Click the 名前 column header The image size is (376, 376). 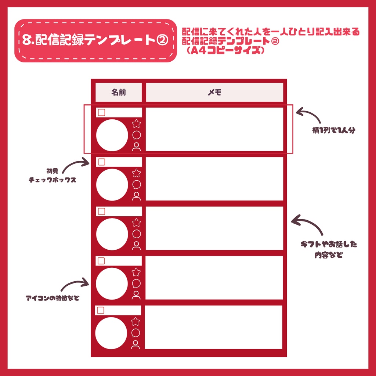[x=119, y=93]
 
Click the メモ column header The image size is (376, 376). [x=214, y=93]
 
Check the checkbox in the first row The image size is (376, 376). [x=102, y=112]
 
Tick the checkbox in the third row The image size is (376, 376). [x=102, y=211]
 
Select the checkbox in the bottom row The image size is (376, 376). [x=101, y=310]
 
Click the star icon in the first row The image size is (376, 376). [x=137, y=124]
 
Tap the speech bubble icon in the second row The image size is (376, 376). [x=137, y=185]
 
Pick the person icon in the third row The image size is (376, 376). [x=137, y=245]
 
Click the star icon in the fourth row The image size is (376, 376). [x=136, y=272]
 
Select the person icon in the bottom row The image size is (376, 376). [x=136, y=344]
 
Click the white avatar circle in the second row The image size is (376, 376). [x=112, y=185]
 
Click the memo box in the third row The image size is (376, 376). [x=214, y=228]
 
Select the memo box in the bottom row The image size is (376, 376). [x=214, y=327]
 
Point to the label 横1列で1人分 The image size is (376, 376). [x=334, y=130]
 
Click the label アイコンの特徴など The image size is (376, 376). [x=53, y=298]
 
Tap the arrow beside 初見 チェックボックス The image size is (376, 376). [x=76, y=164]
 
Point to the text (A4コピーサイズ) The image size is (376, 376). [x=225, y=51]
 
